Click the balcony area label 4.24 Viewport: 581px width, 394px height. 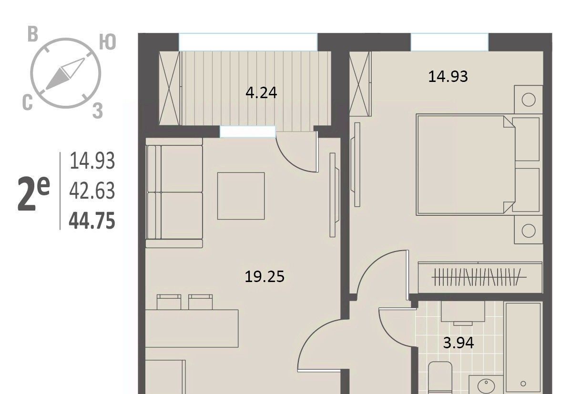point(261,93)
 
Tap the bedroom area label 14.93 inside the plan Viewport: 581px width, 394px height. point(448,77)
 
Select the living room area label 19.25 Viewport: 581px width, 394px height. point(265,277)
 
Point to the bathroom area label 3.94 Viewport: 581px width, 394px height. point(459,343)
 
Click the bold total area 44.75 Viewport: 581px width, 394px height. point(92,221)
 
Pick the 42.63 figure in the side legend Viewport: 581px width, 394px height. point(92,191)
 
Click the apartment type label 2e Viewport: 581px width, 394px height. point(33,193)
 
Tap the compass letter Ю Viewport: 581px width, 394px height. point(107,42)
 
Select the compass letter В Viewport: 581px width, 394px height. point(33,34)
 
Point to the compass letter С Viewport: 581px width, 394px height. point(28,102)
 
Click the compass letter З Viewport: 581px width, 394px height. point(98,111)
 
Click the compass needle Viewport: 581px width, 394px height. point(65,74)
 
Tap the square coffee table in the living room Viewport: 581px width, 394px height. point(241,196)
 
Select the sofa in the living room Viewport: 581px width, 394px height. point(174,192)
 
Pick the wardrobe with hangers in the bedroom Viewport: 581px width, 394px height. point(480,278)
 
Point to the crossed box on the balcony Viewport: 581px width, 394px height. point(169,88)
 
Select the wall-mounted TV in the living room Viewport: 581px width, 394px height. point(334,195)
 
